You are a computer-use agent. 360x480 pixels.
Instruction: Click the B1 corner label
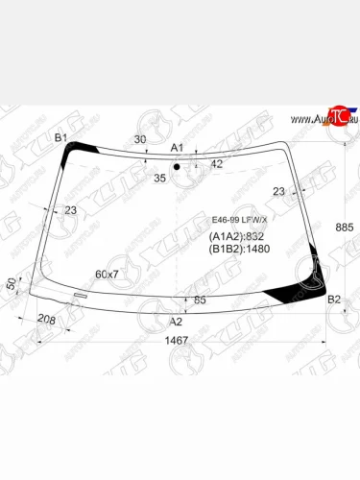[60, 138]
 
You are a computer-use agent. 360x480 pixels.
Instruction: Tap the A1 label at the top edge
[177, 147]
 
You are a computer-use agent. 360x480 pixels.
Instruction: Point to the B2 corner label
[334, 300]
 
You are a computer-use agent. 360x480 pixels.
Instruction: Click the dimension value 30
[140, 139]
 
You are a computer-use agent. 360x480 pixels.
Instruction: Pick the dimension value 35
[159, 178]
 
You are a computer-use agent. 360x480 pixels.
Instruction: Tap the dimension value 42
[216, 164]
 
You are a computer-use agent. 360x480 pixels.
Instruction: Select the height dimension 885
[346, 227]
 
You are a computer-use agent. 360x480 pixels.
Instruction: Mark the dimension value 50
[12, 284]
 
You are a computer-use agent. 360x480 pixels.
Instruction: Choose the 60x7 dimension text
[107, 275]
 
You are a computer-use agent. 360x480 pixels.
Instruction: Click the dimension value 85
[201, 300]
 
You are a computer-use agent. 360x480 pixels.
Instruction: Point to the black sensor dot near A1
[177, 168]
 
